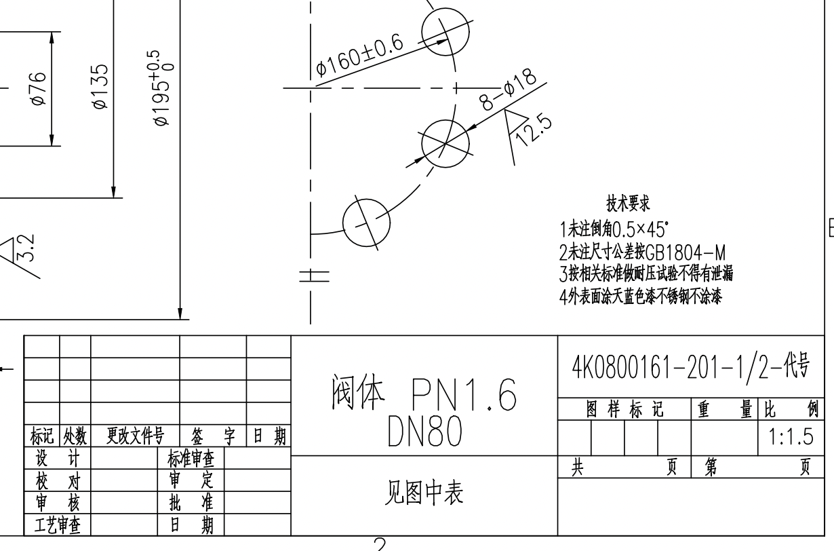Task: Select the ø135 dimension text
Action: tap(100, 87)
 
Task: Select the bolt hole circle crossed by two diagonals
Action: tap(445, 143)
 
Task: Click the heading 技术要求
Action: tap(628, 204)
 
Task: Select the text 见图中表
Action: tap(424, 495)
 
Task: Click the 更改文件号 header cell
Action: tap(135, 435)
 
